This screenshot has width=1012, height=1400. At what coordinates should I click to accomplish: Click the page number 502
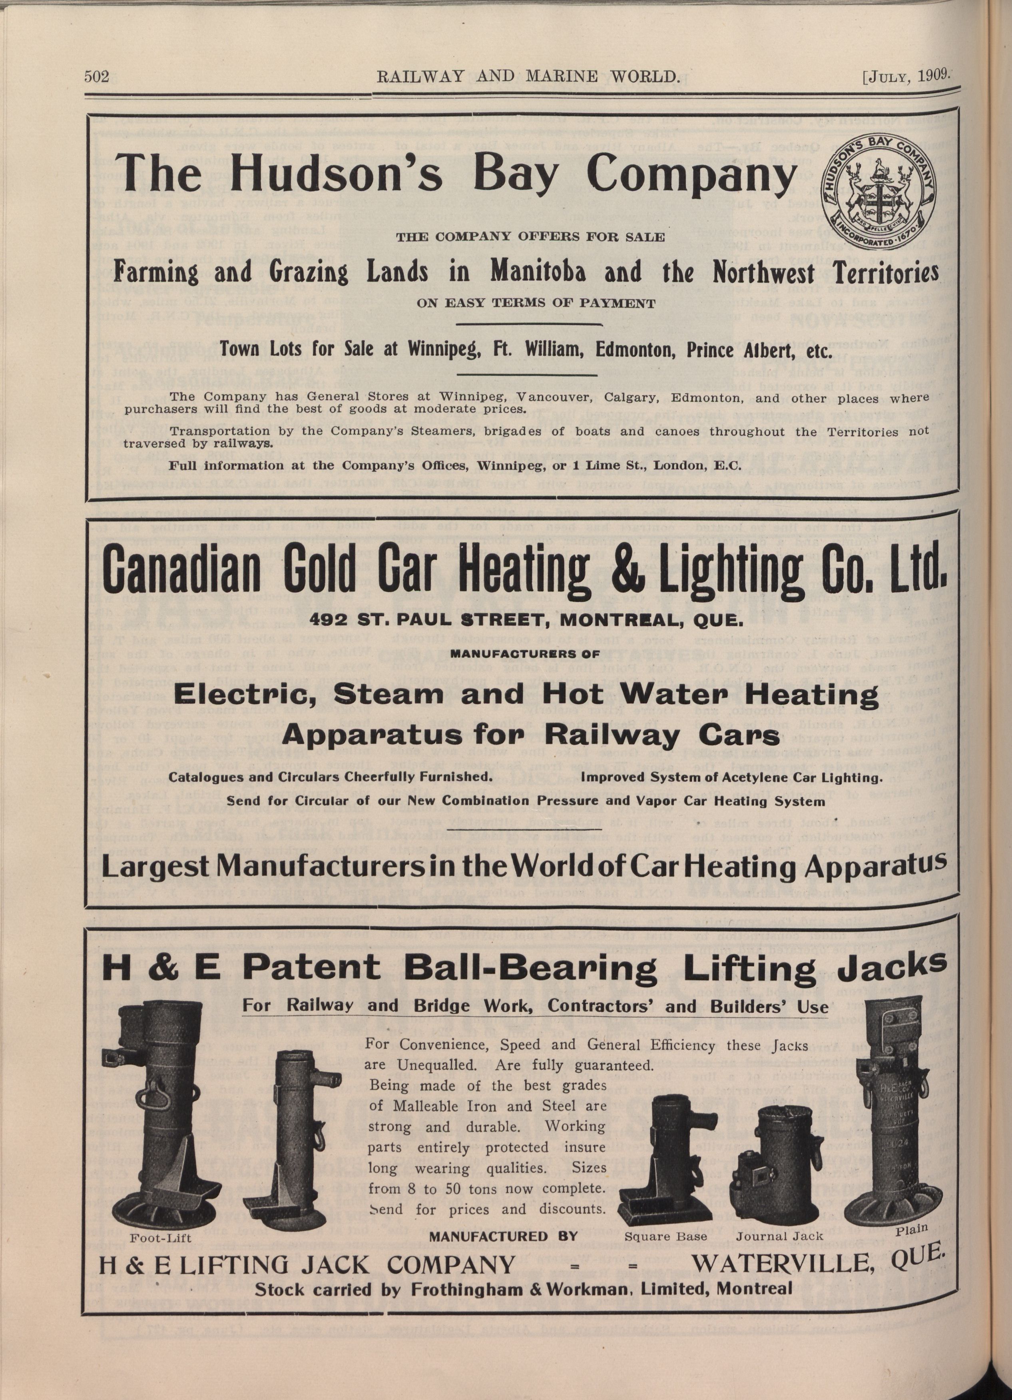tap(96, 78)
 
